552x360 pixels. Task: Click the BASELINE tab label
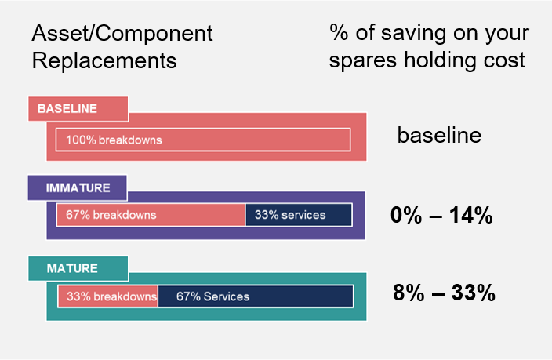pyautogui.click(x=67, y=108)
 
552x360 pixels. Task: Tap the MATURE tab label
pyautogui.click(x=71, y=268)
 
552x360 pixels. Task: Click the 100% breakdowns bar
pyautogui.click(x=203, y=140)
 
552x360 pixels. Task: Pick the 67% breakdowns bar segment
pyautogui.click(x=151, y=214)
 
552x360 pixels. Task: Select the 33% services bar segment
pyautogui.click(x=299, y=214)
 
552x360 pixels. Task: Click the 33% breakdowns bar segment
pyautogui.click(x=108, y=296)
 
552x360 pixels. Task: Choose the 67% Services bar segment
pyautogui.click(x=256, y=296)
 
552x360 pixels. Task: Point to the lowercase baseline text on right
pyautogui.click(x=439, y=135)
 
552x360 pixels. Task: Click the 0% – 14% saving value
pyautogui.click(x=441, y=215)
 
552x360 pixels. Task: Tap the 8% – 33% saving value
pyautogui.click(x=444, y=294)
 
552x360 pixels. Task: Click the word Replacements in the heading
pyautogui.click(x=104, y=60)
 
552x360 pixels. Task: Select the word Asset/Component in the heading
pyautogui.click(x=122, y=35)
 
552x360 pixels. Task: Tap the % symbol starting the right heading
pyautogui.click(x=338, y=35)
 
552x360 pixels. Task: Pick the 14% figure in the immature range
pyautogui.click(x=470, y=215)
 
